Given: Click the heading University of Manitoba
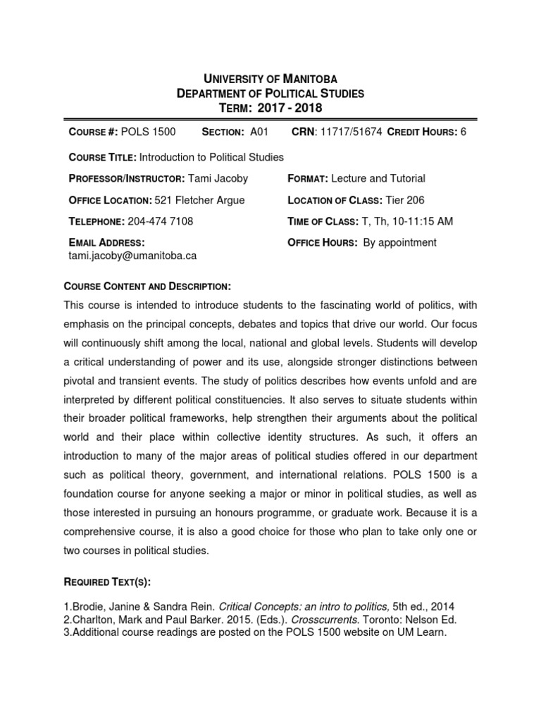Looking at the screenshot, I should pos(270,79).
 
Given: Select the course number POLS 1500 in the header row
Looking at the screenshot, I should pos(149,132).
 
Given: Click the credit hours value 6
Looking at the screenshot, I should pos(464,132).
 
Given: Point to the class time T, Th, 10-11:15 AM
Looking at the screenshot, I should pos(407,221).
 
